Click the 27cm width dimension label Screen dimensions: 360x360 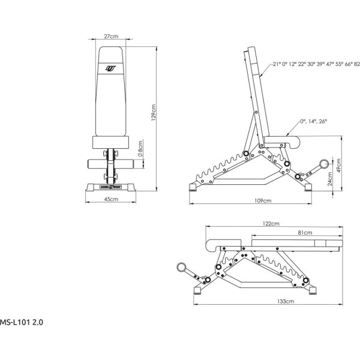[x=111, y=36]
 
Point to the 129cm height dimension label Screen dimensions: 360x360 [x=154, y=113]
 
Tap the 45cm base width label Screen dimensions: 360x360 [x=111, y=199]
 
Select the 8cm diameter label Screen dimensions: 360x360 [x=140, y=149]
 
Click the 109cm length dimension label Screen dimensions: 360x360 [x=263, y=200]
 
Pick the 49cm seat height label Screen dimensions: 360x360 [x=338, y=166]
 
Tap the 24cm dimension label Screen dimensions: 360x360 [x=330, y=179]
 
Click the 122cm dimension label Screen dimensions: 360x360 [x=271, y=223]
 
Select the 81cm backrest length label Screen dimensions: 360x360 [x=305, y=233]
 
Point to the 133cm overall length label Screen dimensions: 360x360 [x=286, y=301]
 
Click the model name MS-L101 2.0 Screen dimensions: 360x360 [x=22, y=322]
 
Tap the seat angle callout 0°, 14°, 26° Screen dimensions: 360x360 [x=313, y=121]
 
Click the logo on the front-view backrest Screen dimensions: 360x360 [x=110, y=68]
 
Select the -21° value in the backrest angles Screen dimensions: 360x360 [x=275, y=64]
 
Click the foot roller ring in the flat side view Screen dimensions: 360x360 [x=182, y=268]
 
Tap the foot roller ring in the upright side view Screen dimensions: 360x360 [x=324, y=164]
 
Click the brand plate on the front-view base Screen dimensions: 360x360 [x=110, y=187]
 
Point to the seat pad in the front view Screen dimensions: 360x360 [x=110, y=142]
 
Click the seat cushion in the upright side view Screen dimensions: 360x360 [x=282, y=142]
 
